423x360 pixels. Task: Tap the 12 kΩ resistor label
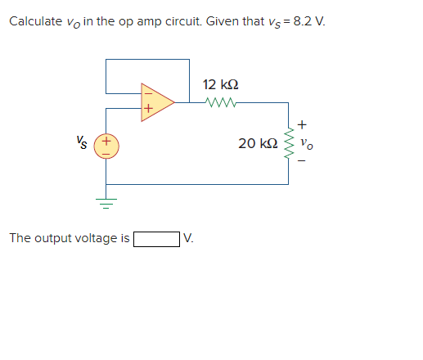click(220, 85)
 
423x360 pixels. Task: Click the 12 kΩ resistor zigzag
click(221, 102)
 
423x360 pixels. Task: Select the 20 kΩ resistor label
click(256, 144)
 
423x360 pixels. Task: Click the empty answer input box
click(157, 239)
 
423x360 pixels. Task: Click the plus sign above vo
click(304, 125)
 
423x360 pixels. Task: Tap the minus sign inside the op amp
click(147, 92)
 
